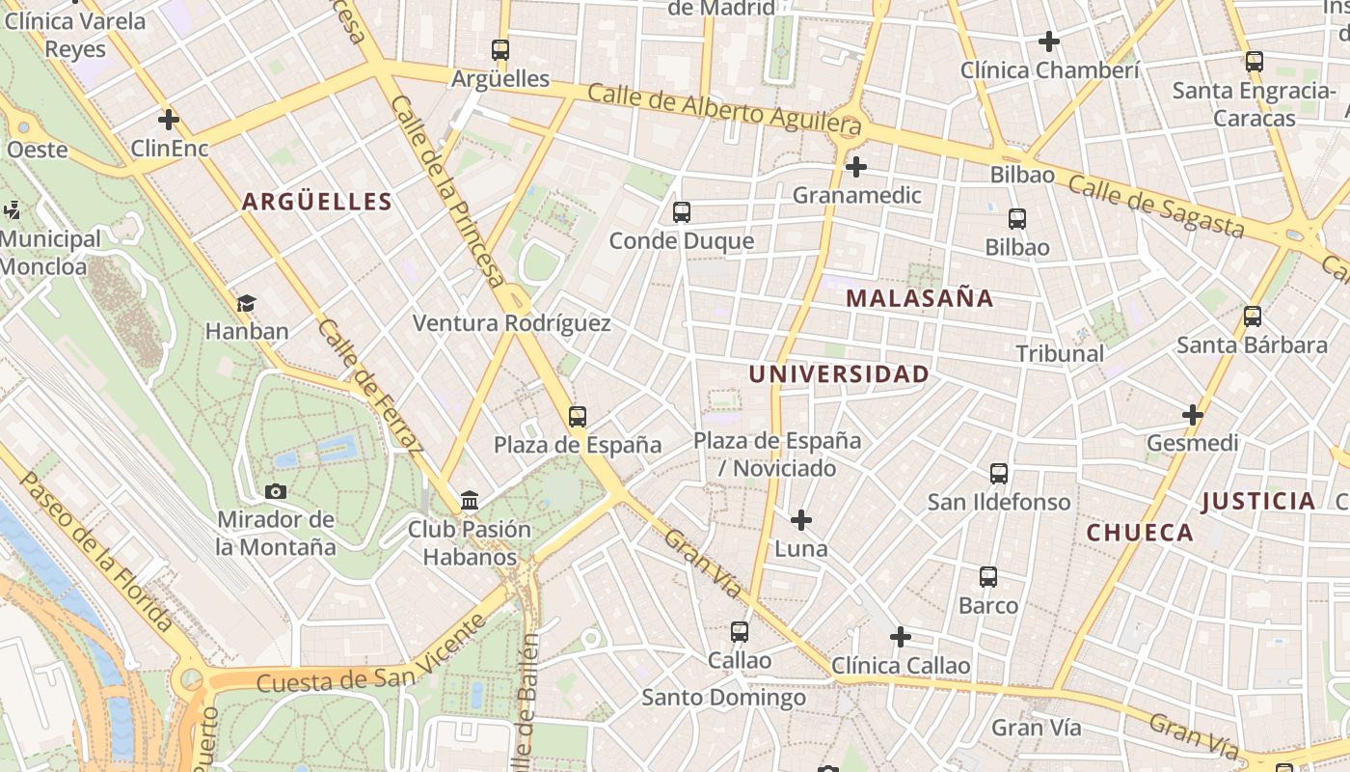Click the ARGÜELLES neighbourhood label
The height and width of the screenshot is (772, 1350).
316,202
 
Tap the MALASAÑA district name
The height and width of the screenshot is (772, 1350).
919,298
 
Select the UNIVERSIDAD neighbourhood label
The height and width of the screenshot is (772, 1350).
839,374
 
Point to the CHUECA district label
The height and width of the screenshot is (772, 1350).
1140,533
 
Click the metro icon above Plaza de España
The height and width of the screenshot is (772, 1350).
578,417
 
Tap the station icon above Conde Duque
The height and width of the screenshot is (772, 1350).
682,212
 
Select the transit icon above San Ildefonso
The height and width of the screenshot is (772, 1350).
999,474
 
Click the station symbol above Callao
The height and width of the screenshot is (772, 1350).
740,632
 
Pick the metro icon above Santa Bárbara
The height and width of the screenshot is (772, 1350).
1253,317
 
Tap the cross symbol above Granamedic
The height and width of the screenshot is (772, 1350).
855,167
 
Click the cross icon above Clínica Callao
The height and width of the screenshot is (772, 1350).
900,637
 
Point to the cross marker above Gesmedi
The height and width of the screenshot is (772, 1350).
1193,415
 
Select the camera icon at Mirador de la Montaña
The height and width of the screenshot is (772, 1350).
276,491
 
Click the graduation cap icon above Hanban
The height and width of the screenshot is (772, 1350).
247,303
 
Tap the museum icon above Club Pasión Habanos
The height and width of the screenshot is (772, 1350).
470,500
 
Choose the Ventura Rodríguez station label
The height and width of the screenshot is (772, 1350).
511,323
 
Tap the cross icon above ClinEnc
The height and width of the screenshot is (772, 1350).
169,120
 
